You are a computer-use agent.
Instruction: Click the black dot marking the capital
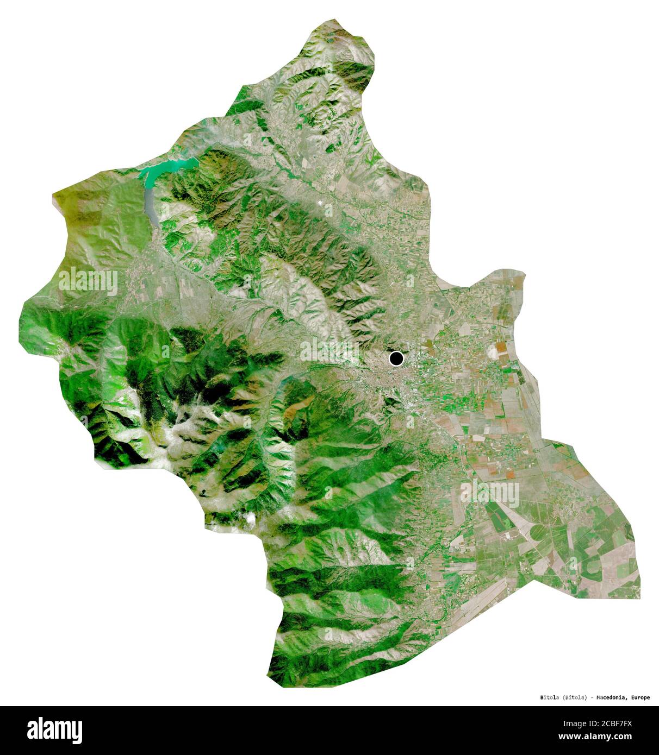(x=396, y=358)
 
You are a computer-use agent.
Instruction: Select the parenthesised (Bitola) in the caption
(x=575, y=697)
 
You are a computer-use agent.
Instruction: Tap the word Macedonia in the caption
(x=611, y=697)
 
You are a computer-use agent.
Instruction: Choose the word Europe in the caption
(x=639, y=697)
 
